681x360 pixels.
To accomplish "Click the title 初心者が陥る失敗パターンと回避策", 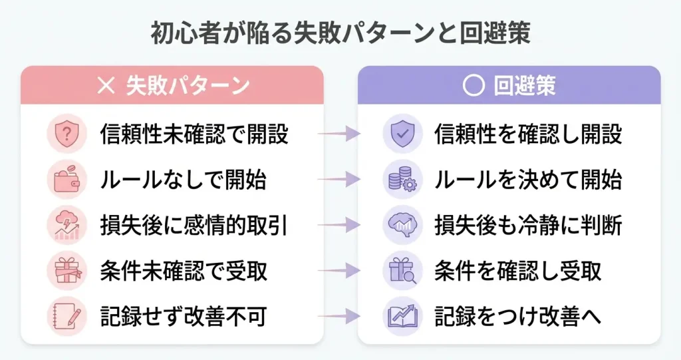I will (x=340, y=34).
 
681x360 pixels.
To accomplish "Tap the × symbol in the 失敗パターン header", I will (x=106, y=86).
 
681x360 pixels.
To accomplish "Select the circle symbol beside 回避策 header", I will (x=473, y=87).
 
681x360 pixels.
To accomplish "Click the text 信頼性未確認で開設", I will (x=194, y=134).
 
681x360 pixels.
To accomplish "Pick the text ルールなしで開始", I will (x=183, y=180).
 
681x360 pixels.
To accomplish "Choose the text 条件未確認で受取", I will (x=184, y=271).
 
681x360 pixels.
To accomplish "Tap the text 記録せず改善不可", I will (x=184, y=316).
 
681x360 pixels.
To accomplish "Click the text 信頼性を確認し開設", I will (x=528, y=134).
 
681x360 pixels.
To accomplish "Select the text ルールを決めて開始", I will (x=528, y=180).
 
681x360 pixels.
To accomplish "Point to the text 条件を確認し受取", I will (x=517, y=271).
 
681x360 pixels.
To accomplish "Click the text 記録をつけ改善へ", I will (x=517, y=316).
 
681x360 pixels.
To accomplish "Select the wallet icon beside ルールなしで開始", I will (x=67, y=180).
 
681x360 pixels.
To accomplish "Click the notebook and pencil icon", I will (x=67, y=316).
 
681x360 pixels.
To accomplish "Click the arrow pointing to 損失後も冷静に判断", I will (x=339, y=226).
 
